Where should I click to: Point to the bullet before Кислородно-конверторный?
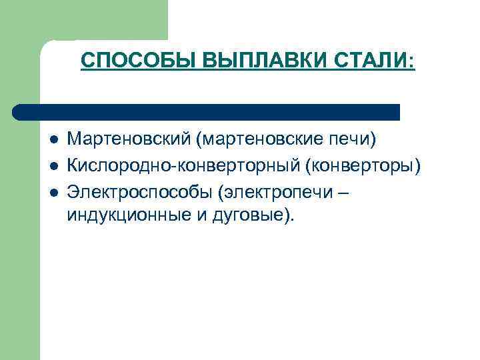click(x=53, y=165)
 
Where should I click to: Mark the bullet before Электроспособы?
click(x=53, y=191)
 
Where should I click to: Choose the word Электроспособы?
click(x=140, y=191)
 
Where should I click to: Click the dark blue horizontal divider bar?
click(x=207, y=112)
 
